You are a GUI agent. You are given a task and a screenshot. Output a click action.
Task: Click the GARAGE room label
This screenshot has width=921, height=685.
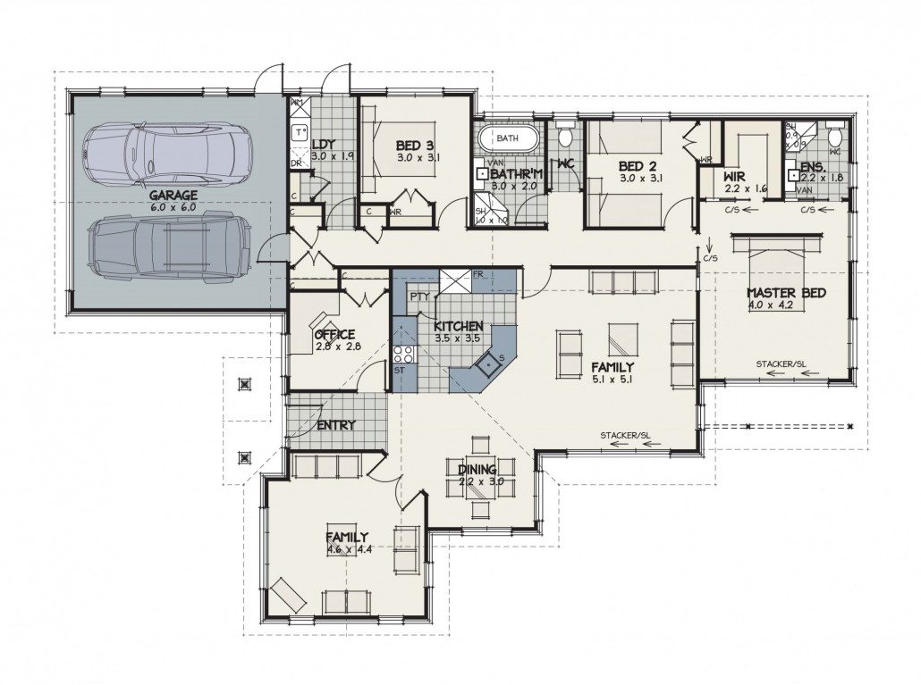173,195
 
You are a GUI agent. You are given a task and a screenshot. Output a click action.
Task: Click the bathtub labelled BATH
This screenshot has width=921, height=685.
507,139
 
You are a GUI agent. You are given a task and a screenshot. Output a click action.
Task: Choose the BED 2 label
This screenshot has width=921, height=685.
638,166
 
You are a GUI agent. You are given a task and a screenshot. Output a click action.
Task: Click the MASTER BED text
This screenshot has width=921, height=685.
786,293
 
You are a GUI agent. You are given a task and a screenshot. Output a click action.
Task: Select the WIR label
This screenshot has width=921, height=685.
734,177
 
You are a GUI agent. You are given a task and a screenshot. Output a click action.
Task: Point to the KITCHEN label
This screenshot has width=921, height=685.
459,326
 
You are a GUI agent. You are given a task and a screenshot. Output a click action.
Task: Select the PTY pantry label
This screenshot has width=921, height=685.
418,297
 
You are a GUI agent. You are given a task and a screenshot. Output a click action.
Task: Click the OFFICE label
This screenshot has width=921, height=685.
335,334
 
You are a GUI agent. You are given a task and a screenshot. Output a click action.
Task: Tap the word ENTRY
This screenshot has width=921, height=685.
335,425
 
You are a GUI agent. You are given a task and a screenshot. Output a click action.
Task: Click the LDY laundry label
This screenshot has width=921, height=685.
322,144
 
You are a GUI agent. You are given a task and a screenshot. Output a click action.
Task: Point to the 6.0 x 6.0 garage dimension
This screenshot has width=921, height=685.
173,206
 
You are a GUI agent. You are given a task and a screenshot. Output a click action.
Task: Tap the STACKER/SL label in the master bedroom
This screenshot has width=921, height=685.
781,363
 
